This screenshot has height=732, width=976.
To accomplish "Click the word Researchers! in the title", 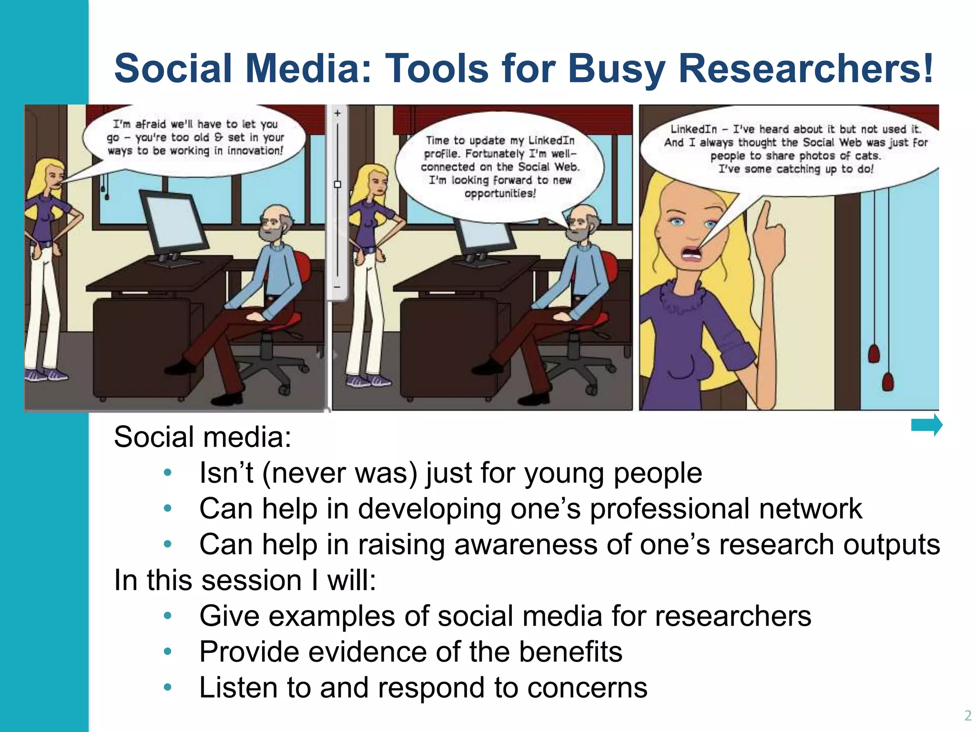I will point(805,68).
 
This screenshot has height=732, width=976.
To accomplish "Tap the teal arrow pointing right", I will point(926,425).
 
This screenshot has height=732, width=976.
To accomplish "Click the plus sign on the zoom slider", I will point(337,113).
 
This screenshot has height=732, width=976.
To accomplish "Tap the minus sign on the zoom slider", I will point(337,287).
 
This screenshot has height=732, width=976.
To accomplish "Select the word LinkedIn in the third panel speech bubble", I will point(693,129).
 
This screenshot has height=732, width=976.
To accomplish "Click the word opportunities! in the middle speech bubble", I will point(500,193).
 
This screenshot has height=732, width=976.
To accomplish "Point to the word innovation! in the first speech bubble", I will point(255,151).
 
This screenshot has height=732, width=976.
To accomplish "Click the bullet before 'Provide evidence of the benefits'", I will point(167,651).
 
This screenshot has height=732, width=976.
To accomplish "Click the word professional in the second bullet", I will point(670,508).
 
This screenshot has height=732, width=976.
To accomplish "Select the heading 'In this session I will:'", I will point(245,580).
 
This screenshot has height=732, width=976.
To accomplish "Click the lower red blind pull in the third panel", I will point(888,382).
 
